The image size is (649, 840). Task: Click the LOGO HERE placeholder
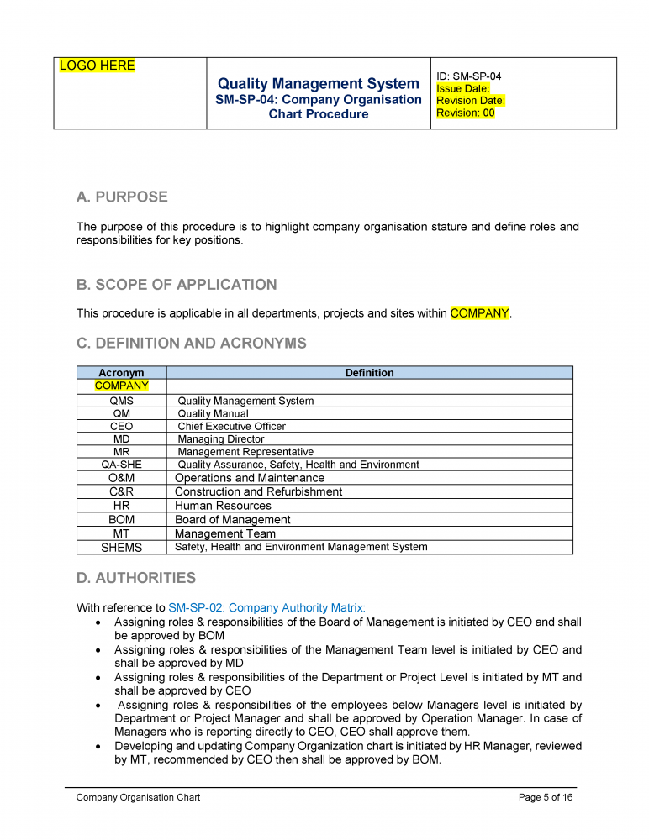click(x=98, y=66)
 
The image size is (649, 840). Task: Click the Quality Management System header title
click(x=318, y=83)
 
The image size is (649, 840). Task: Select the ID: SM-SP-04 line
click(x=469, y=76)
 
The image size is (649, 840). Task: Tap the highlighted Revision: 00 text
click(x=466, y=113)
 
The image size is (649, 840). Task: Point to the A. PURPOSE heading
click(x=122, y=197)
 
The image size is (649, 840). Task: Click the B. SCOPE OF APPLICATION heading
click(x=177, y=285)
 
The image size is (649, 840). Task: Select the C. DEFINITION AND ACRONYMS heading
click(x=192, y=344)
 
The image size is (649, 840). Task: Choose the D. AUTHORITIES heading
click(x=136, y=578)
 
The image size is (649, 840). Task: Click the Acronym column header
click(x=121, y=373)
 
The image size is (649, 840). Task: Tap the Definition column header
click(x=369, y=373)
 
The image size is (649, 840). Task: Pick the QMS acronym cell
click(x=121, y=401)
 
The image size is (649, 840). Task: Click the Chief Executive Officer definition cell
click(x=231, y=426)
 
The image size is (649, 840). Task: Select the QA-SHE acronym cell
click(x=121, y=465)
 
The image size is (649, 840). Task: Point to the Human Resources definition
click(x=223, y=506)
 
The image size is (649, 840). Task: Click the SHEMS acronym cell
click(x=121, y=548)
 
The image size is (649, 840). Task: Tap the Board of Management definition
click(x=232, y=520)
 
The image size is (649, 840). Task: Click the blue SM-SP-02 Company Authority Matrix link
click(x=267, y=607)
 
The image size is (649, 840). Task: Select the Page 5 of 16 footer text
click(x=546, y=797)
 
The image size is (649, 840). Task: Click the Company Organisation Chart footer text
click(x=138, y=797)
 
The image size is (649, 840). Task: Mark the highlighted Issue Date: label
click(x=463, y=88)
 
